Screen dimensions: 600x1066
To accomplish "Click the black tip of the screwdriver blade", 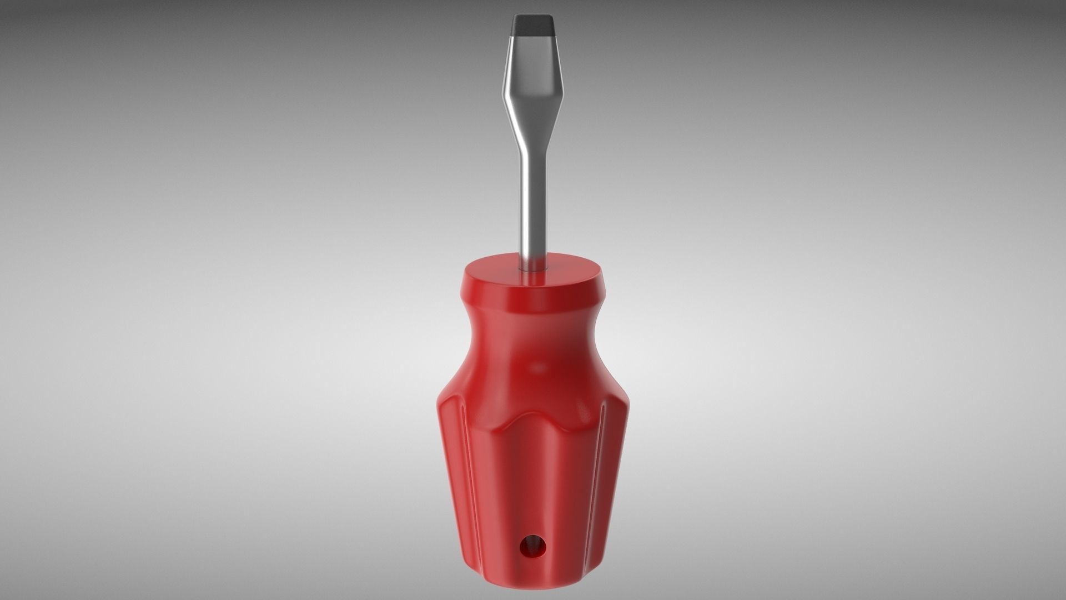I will coord(532,25).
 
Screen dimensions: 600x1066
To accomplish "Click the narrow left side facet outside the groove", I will coord(451,472).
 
